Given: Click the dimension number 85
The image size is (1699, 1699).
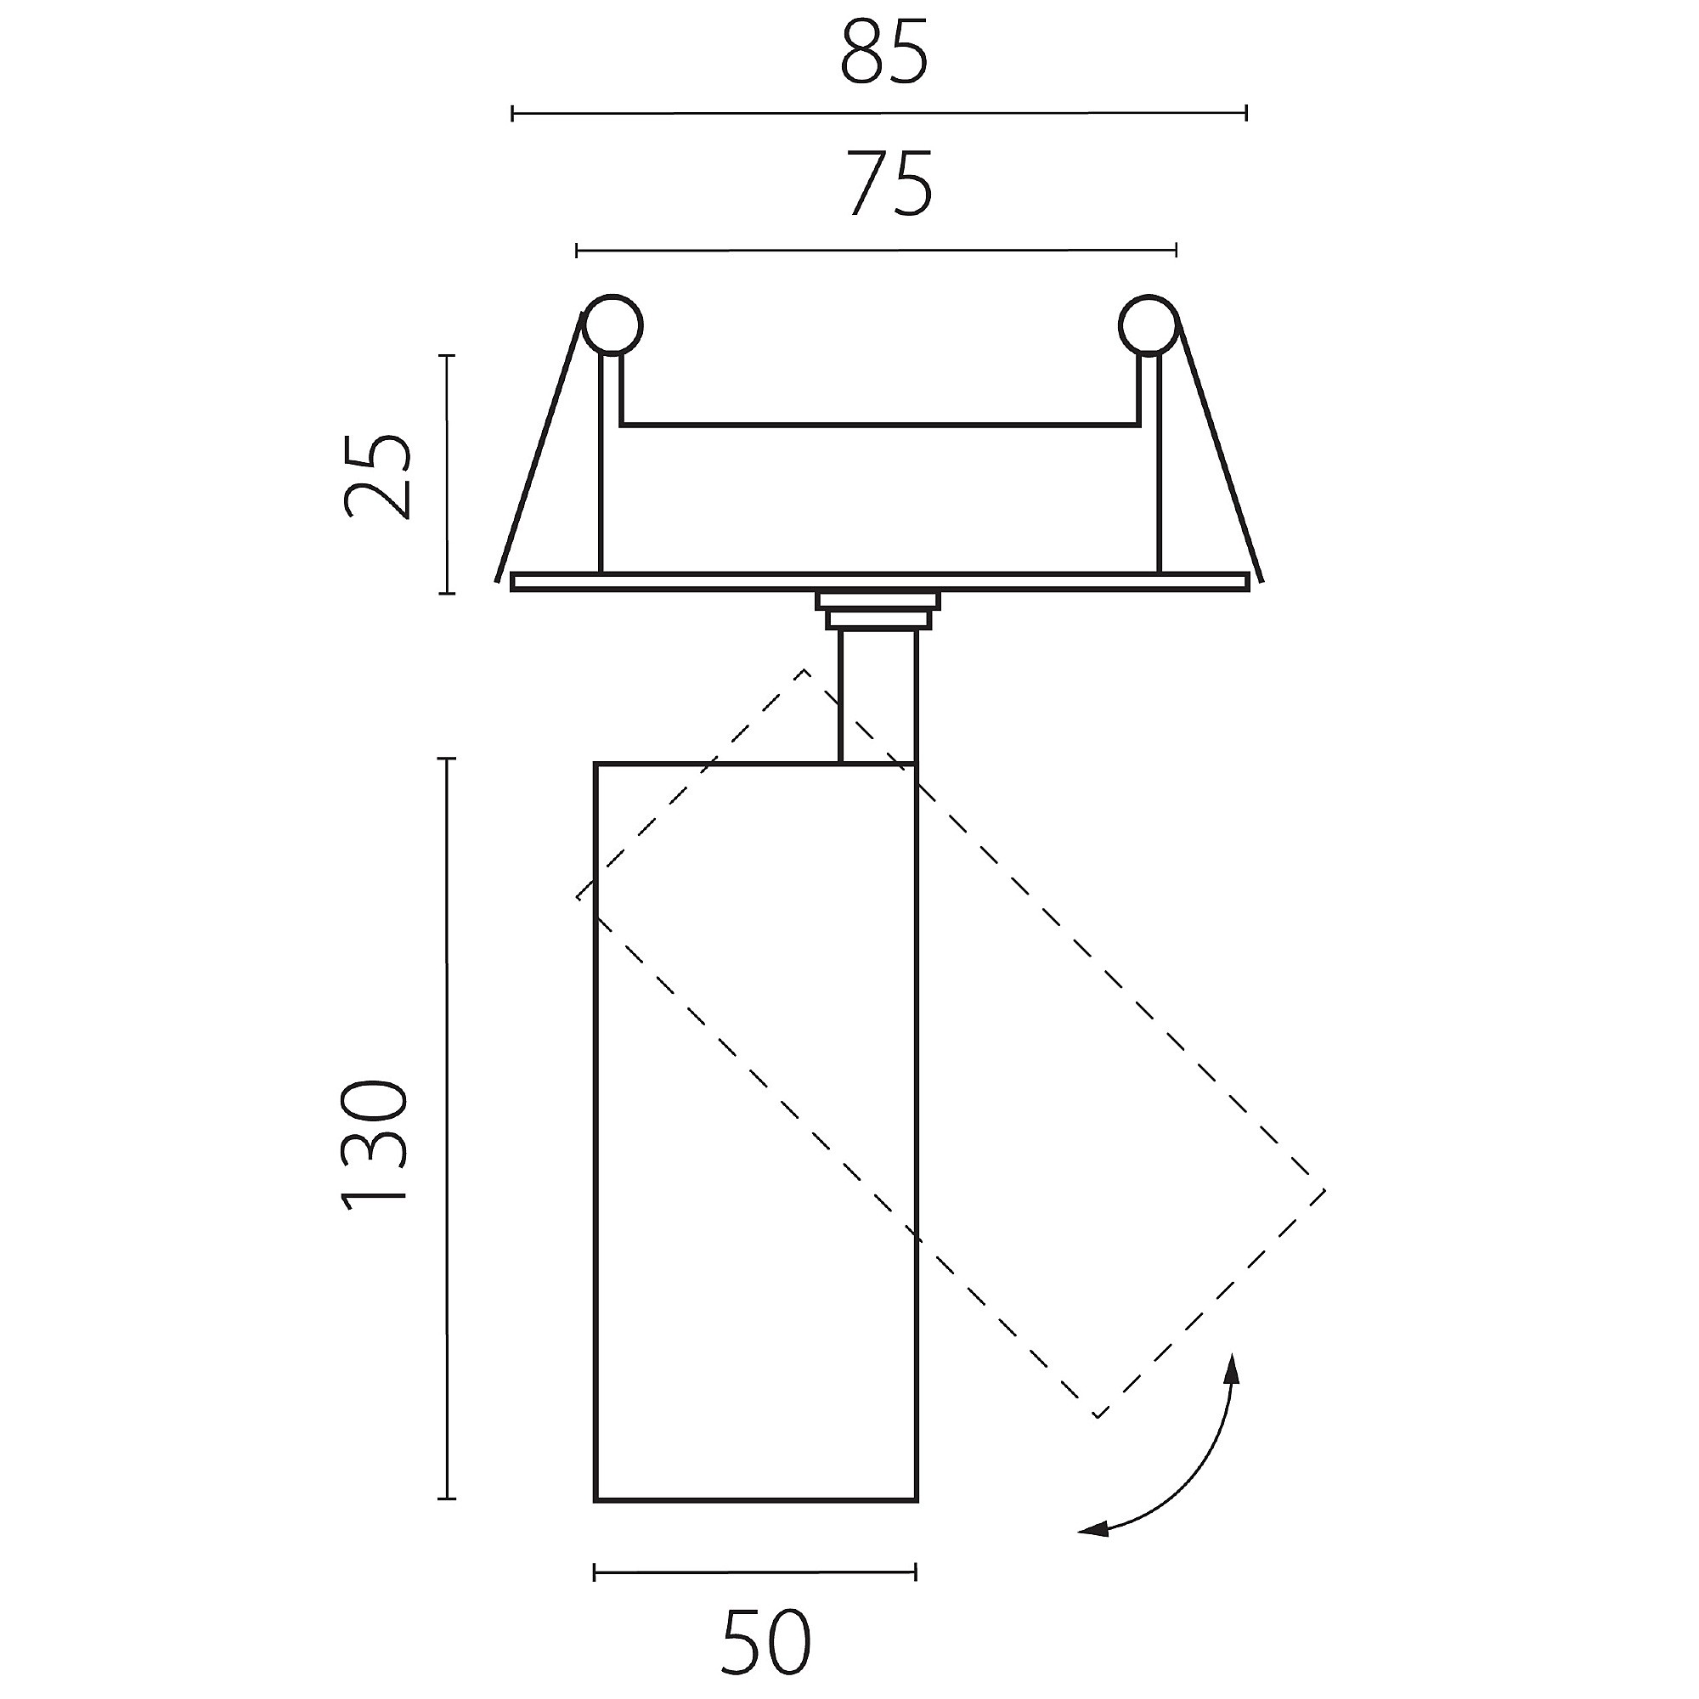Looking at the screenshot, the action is [x=883, y=53].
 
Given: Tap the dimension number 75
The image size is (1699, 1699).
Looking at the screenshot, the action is [x=891, y=184].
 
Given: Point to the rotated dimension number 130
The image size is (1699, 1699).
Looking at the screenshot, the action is [x=375, y=1146].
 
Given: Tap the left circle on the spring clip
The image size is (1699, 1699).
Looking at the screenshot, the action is [x=613, y=325].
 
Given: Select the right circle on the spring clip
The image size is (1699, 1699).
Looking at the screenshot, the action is [x=1149, y=325].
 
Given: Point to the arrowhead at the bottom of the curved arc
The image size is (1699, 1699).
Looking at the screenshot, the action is [x=1093, y=1531].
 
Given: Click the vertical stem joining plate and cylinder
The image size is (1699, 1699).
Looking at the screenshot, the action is [x=878, y=696].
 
